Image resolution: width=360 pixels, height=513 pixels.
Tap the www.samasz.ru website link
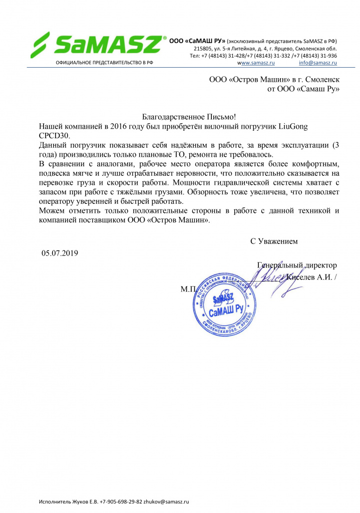[x=256, y=63]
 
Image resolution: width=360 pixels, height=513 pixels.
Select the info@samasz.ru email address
[x=317, y=63]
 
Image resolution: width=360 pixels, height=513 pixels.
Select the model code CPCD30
[x=55, y=136]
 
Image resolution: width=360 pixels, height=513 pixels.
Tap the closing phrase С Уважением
[x=274, y=241]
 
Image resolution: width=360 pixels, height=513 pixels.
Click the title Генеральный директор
[x=297, y=265]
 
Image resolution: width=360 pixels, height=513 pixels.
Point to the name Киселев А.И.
[x=308, y=278]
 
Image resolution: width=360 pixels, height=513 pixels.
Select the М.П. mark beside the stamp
[x=188, y=290]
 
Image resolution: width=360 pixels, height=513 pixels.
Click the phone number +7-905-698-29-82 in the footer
[x=121, y=501]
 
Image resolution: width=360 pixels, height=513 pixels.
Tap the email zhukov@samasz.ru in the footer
[x=167, y=501]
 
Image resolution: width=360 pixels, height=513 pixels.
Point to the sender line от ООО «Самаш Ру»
[x=303, y=89]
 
